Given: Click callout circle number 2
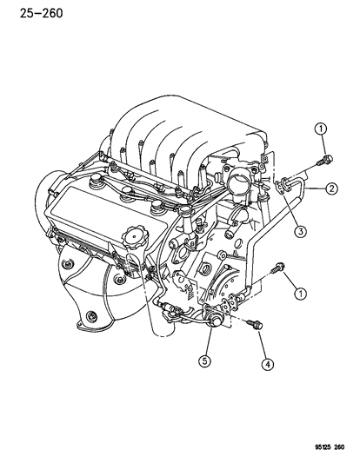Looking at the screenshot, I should coord(331,189).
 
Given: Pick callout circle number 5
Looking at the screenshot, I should coord(207,360).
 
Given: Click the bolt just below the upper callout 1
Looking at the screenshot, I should coord(323,157).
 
